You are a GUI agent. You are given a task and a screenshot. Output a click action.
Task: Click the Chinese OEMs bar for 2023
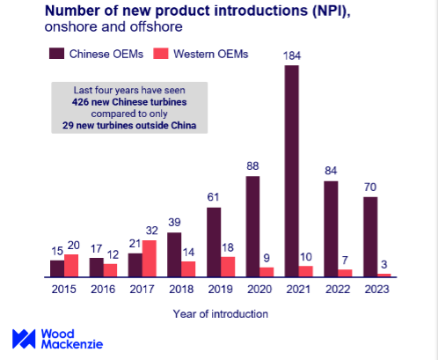click(370, 237)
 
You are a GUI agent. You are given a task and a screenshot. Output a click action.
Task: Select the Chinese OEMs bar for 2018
click(174, 254)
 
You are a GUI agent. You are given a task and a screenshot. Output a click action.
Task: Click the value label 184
click(292, 55)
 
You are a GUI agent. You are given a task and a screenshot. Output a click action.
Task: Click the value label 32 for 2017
click(150, 231)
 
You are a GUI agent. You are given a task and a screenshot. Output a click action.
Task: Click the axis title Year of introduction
click(220, 312)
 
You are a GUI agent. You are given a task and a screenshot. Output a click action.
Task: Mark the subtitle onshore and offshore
click(100, 27)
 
